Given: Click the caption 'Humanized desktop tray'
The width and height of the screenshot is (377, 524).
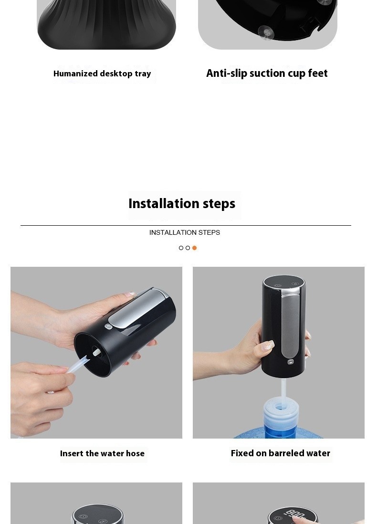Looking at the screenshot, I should (102, 74).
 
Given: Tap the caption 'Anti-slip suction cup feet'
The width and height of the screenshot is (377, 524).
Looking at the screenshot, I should (267, 73).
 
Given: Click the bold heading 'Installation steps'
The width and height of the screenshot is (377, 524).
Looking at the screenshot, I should (182, 204).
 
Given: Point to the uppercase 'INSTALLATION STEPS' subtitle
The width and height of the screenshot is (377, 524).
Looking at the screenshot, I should (185, 232).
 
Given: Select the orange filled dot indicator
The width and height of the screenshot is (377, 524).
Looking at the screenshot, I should (194, 248).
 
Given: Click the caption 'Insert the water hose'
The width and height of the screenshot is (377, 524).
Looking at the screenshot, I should (102, 453).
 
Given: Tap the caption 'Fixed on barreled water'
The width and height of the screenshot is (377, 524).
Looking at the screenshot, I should (280, 453).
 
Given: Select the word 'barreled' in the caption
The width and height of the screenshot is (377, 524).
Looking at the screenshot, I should (281, 453).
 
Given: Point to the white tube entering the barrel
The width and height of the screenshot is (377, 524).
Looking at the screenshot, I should (283, 391).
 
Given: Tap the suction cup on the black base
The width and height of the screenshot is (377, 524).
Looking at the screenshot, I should (266, 32).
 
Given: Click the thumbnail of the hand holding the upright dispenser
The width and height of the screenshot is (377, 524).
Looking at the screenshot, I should (279, 352).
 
